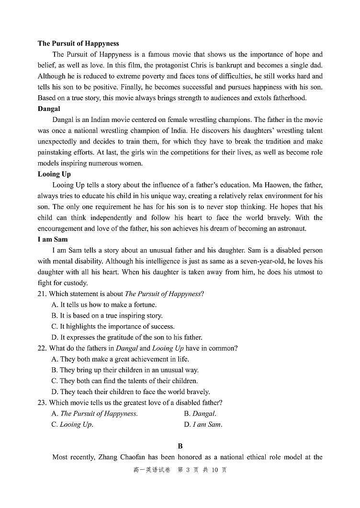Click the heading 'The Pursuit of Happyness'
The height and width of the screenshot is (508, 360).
78,44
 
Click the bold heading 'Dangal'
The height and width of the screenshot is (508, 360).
49,109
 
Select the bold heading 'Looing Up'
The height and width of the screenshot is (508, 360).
54,174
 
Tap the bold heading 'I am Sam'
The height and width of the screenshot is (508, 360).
53,239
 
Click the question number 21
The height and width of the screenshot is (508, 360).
42,294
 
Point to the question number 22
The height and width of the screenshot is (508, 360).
42,348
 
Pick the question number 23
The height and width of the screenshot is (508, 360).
42,403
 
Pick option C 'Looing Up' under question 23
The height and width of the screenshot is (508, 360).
72,424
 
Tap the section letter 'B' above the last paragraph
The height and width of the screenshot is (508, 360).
180,446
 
